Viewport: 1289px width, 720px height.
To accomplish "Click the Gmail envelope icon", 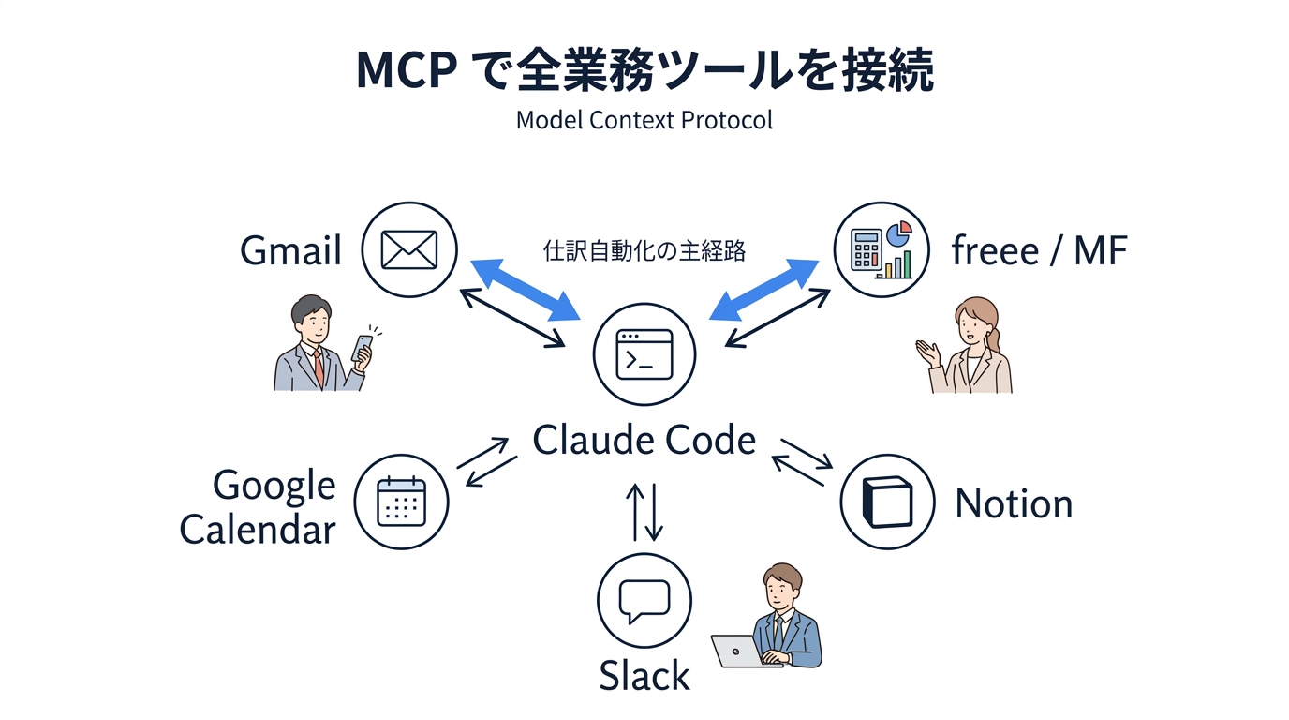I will click(409, 250).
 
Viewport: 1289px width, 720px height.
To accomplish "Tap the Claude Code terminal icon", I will click(644, 354).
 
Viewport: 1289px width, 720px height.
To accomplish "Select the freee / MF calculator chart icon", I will click(881, 250).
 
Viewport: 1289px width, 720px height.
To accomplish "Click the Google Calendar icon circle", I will click(401, 502).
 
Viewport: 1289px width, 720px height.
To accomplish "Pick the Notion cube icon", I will click(886, 502).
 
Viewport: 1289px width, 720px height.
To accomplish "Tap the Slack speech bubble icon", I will click(644, 601).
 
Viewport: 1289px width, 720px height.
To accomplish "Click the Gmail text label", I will click(290, 251).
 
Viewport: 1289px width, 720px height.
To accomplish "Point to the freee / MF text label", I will click(1039, 251).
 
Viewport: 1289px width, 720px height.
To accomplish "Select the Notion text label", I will click(1013, 504).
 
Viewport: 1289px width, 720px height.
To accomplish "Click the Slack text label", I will click(644, 676).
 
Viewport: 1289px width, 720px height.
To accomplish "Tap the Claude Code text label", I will click(644, 440).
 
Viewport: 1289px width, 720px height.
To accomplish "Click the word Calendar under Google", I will click(258, 530).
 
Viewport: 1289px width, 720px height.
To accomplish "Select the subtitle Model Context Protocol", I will click(644, 121).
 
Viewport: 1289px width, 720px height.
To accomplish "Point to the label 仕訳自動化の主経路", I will click(644, 250).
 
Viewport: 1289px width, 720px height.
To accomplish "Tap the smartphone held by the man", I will click(361, 349).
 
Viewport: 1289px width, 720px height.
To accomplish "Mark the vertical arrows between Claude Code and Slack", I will click(644, 512).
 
